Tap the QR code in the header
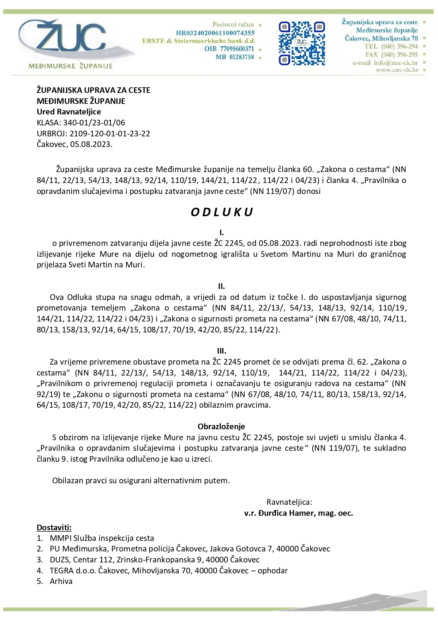point(302,43)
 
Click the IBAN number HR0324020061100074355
point(215,33)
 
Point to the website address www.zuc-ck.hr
point(397,70)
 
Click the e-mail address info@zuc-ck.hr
point(396,63)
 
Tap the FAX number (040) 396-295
point(399,54)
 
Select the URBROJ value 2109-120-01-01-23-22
point(110,134)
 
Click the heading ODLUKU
point(222,212)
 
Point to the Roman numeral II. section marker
point(221,286)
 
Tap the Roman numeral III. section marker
point(221,351)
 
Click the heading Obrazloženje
point(221,426)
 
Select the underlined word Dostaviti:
point(54,527)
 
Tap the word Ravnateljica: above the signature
point(289,502)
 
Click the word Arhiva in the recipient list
point(61,581)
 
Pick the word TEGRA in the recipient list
point(62,571)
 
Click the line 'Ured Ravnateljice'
point(69,112)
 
